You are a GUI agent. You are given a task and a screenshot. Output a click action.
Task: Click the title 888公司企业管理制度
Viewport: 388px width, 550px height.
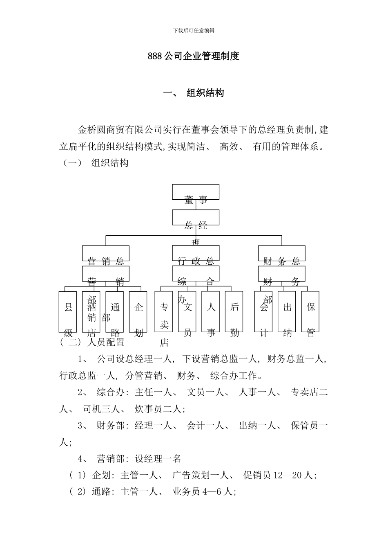(193, 56)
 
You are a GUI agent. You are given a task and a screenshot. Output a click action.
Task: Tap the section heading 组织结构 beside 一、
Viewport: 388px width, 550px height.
(205, 93)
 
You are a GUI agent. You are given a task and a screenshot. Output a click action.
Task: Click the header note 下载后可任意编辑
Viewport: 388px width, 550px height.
(194, 30)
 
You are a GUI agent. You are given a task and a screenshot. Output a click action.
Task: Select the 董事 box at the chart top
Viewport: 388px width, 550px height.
(196, 192)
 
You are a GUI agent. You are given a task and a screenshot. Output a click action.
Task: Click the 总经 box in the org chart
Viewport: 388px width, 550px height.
(196, 218)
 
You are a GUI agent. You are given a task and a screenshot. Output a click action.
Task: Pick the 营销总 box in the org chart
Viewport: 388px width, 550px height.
(106, 253)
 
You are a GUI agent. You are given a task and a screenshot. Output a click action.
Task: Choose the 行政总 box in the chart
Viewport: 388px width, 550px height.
(196, 253)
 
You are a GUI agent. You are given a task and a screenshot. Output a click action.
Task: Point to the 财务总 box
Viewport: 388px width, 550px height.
(281, 253)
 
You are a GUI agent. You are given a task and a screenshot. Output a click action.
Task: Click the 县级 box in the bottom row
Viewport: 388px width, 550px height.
(68, 311)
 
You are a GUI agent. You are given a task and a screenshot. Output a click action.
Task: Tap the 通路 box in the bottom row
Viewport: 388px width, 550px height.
(115, 311)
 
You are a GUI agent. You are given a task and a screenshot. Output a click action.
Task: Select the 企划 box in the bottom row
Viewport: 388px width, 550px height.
(138, 311)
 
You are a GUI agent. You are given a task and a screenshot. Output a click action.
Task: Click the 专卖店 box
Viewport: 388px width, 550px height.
(164, 311)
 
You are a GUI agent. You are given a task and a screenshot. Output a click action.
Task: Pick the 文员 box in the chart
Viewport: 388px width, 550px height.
(187, 311)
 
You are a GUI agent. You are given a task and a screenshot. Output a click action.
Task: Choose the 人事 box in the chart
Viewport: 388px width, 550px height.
(211, 311)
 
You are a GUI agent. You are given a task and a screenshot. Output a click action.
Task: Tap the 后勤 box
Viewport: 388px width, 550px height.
(234, 311)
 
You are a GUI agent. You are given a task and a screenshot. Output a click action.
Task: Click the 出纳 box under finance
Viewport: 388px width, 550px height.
(287, 311)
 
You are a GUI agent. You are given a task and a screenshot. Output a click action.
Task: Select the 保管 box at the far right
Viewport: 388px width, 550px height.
(310, 311)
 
